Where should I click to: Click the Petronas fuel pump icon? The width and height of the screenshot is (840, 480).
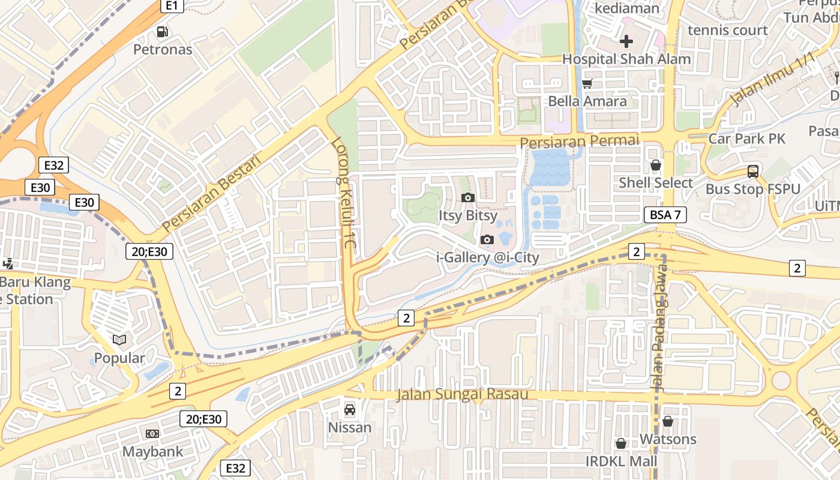coord(162,32)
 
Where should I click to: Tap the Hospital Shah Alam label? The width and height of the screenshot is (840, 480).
coord(626,59)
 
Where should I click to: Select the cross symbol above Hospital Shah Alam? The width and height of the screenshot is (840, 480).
coord(626,41)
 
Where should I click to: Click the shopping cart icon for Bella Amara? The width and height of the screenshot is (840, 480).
coord(587,84)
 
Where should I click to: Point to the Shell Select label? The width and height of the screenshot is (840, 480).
coord(655,182)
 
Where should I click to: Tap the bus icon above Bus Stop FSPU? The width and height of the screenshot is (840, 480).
coord(753,172)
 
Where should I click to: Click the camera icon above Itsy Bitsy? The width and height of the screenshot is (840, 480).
coord(467,197)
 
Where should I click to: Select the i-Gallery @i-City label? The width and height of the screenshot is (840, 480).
coord(487,257)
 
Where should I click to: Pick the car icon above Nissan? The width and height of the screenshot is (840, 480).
coord(349,410)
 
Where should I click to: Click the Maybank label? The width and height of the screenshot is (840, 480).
coord(152,451)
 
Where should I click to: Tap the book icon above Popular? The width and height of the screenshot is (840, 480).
coord(119,340)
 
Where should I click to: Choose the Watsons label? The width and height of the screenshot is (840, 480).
coord(668,439)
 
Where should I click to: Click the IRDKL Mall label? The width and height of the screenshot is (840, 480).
coord(621,461)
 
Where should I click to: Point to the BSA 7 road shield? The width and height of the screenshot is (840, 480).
coord(665,215)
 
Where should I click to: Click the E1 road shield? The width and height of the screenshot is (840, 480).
coord(172,5)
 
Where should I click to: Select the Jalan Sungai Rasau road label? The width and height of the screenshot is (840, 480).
coord(462,394)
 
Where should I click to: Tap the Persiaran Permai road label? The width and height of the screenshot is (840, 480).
coord(579,142)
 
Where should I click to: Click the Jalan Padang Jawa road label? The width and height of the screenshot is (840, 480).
coord(660,336)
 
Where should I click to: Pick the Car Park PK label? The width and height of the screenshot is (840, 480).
coord(746,139)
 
